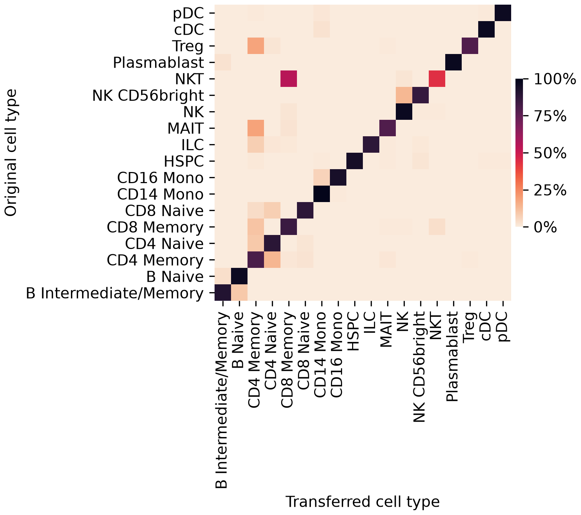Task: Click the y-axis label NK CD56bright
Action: pos(148,95)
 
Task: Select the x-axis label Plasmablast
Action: pos(453,357)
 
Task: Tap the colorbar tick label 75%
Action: pos(550,117)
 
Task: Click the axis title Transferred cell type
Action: pos(362,502)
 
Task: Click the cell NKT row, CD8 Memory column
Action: pos(289,79)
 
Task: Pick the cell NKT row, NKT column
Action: pos(437,79)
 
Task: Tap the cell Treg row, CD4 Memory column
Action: pos(256,46)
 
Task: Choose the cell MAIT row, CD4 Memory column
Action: pos(256,128)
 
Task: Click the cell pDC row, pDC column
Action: pos(503,13)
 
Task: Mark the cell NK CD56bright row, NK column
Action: pos(404,95)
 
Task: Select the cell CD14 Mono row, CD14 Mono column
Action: pos(322,194)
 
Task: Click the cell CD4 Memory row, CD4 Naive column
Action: pos(272,260)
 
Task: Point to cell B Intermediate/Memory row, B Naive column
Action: pos(239,293)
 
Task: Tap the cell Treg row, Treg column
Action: pos(470,46)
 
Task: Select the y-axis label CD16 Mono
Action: pos(160,178)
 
